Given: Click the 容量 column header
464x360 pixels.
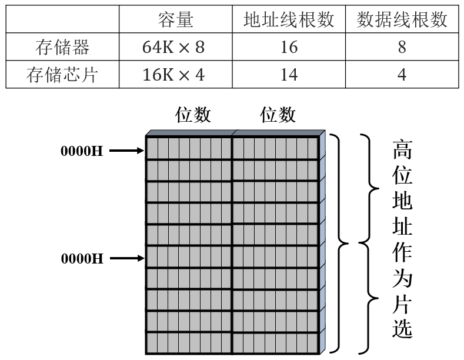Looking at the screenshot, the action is pyautogui.click(x=175, y=20).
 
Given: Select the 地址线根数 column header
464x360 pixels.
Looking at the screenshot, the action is pyautogui.click(x=289, y=20).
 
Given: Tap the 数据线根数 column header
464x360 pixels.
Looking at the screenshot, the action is pyautogui.click(x=402, y=20).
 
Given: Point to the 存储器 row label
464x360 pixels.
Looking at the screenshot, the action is pyautogui.click(x=62, y=48).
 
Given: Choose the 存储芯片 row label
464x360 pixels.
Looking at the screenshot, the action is pyautogui.click(x=62, y=75).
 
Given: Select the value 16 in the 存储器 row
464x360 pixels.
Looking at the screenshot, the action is pyautogui.click(x=289, y=48).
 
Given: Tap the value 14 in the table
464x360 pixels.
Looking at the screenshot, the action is pyautogui.click(x=289, y=75).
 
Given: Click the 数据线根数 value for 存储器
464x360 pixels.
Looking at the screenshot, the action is pyautogui.click(x=402, y=48).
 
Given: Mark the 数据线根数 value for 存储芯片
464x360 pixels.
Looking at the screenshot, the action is pyautogui.click(x=402, y=75).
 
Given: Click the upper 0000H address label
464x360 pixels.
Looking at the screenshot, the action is pyautogui.click(x=82, y=151).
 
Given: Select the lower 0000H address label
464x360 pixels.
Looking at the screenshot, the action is pyautogui.click(x=82, y=258).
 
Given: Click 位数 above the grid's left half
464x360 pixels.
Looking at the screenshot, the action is pyautogui.click(x=193, y=115).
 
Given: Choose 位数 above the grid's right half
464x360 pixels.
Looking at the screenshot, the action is pyautogui.click(x=278, y=115).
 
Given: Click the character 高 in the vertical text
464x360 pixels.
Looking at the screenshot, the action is pyautogui.click(x=403, y=151).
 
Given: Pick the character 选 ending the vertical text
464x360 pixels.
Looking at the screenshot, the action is pyautogui.click(x=403, y=328).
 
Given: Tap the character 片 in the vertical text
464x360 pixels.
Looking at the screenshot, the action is pyautogui.click(x=403, y=304).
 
